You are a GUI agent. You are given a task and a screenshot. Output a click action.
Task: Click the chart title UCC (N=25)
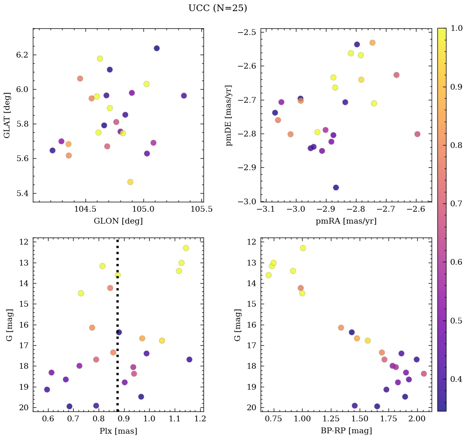click(x=217, y=8)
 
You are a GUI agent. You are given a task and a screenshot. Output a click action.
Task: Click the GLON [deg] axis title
click(x=118, y=221)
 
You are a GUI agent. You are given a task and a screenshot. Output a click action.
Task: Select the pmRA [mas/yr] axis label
click(x=346, y=221)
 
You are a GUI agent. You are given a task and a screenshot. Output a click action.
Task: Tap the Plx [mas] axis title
click(x=118, y=431)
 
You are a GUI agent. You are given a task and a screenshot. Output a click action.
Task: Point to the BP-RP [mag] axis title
click(x=346, y=431)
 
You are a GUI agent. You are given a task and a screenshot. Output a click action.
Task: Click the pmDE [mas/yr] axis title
click(x=229, y=115)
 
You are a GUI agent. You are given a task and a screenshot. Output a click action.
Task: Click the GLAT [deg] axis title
click(x=7, y=115)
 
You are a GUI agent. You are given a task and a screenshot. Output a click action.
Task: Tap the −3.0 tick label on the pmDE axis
click(x=247, y=202)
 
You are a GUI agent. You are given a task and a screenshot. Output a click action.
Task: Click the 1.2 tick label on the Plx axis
click(x=200, y=419)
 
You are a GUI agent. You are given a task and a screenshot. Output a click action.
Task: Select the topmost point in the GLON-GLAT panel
click(x=157, y=49)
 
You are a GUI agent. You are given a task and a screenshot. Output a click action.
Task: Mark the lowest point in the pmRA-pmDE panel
click(x=336, y=188)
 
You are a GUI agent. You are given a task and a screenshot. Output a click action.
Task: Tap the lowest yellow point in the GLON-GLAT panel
click(x=130, y=182)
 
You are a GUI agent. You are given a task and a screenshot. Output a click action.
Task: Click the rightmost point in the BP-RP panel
click(x=424, y=374)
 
